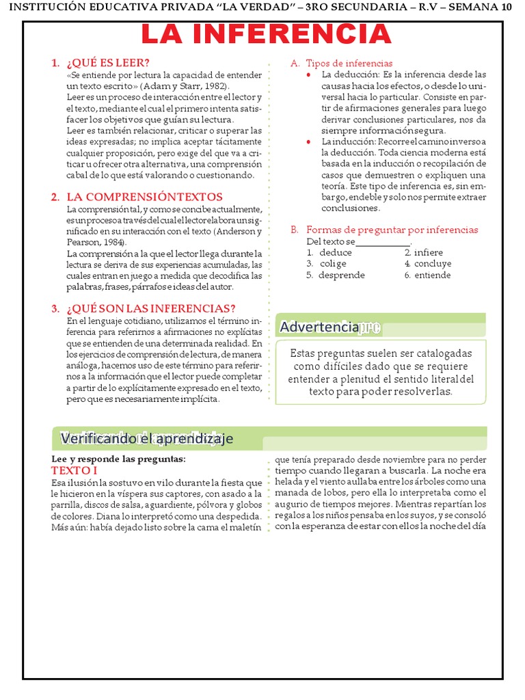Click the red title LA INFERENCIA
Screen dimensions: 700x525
pos(266,34)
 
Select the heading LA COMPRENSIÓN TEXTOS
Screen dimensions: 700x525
pos(144,197)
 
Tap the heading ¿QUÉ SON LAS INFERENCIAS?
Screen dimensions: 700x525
pos(151,308)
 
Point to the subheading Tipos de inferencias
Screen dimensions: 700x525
pos(349,63)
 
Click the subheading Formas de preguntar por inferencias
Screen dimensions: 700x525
pos(392,230)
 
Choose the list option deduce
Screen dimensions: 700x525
pos(335,252)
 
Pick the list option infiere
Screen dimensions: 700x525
pos(429,252)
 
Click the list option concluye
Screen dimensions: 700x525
pos(433,263)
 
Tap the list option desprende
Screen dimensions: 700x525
pos(341,275)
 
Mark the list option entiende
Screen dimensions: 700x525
pos(432,275)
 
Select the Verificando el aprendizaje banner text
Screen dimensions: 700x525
pos(147,438)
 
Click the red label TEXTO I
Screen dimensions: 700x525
pos(75,471)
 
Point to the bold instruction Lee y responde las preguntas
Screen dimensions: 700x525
pos(119,459)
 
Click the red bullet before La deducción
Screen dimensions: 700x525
pos(309,75)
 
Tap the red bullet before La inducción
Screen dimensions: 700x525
pos(309,141)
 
